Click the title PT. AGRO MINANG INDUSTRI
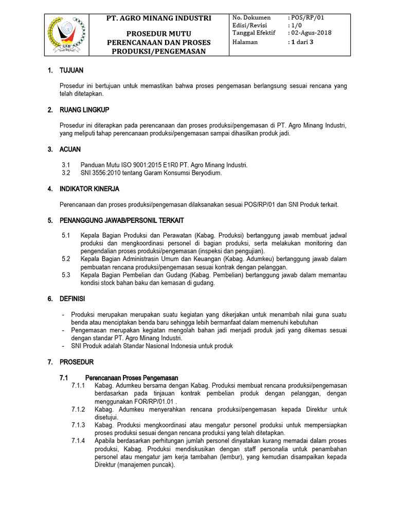(x=158, y=18)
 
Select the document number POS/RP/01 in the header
(x=308, y=17)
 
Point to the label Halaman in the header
(x=245, y=42)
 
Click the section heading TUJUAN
(x=71, y=70)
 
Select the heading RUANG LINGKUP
(x=84, y=110)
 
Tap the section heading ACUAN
(x=70, y=149)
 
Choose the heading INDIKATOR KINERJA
(x=89, y=189)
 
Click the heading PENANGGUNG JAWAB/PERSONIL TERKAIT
(x=122, y=220)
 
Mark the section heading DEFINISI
(x=73, y=298)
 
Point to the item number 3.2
(x=66, y=173)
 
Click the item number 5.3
(x=66, y=275)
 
